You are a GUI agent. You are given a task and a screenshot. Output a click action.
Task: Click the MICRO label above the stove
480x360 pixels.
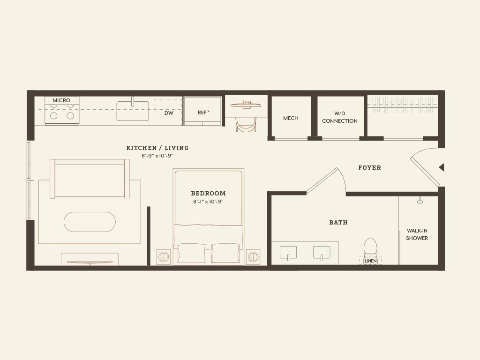point(61,100)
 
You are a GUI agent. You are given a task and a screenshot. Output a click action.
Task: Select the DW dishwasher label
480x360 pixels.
point(169,113)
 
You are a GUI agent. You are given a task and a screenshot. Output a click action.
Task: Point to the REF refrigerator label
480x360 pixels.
point(203,112)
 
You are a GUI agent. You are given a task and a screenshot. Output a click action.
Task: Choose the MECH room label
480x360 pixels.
point(291,118)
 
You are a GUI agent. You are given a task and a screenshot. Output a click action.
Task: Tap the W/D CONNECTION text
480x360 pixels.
point(340,117)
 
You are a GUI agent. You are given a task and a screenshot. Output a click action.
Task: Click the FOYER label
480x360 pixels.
point(369,167)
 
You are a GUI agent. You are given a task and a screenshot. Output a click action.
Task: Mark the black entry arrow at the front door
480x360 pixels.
point(441,167)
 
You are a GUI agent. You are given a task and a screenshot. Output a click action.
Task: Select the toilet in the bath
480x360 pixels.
point(370,247)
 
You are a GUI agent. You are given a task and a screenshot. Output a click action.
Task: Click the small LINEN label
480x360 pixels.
point(370,261)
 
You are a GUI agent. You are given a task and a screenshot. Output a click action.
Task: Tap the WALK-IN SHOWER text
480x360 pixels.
point(417,234)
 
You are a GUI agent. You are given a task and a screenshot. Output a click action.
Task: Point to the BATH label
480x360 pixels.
point(338,223)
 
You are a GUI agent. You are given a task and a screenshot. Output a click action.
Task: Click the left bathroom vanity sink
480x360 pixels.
point(288,253)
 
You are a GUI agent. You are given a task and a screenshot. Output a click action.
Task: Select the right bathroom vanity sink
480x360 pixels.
point(322,253)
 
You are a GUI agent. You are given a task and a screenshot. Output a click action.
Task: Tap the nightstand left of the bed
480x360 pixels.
point(164,257)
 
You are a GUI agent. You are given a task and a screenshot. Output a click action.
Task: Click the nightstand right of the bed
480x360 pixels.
point(253,257)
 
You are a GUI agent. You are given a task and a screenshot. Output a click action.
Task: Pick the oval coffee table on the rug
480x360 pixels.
point(90,222)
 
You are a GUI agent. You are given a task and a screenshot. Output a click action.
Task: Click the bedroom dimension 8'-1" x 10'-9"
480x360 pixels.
point(208,202)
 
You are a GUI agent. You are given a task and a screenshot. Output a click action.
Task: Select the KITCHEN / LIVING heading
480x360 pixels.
point(157,148)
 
